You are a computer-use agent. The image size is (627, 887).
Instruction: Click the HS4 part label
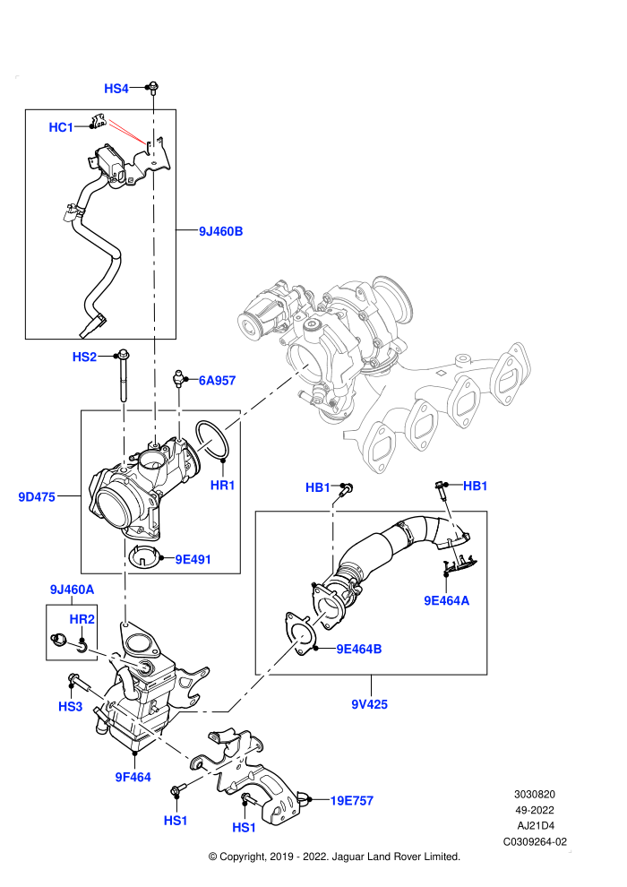[116, 88]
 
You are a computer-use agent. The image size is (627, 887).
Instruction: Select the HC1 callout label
[61, 127]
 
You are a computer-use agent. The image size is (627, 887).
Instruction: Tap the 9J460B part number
[220, 231]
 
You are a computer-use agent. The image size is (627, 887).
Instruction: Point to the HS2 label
[84, 357]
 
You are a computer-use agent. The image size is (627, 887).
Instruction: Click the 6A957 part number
[217, 381]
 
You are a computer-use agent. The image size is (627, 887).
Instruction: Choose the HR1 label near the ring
[222, 486]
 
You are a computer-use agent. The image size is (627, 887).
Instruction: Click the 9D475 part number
[37, 496]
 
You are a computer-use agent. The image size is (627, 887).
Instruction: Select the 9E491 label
[193, 559]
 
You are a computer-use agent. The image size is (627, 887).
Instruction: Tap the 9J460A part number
[72, 590]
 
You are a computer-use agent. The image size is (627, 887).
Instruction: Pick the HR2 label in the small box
[82, 619]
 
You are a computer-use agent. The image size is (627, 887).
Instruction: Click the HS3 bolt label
[70, 707]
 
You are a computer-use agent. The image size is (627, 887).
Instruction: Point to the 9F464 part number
[133, 778]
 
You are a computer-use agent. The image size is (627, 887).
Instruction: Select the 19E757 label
[352, 800]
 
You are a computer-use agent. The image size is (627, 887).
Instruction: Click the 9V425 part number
[369, 704]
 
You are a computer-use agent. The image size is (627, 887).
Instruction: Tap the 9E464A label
[447, 601]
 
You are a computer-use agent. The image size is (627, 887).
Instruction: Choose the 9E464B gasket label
[359, 649]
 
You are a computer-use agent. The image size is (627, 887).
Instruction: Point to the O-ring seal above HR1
[212, 440]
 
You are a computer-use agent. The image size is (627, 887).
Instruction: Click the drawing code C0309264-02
[535, 841]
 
